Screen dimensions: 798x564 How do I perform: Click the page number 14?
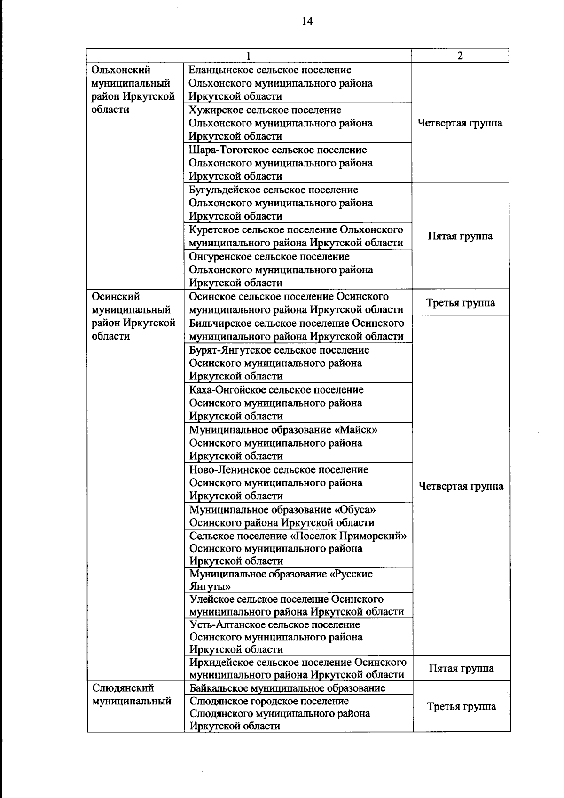click(307, 21)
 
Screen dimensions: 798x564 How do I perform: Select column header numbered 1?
click(249, 55)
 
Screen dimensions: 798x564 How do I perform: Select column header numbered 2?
click(460, 55)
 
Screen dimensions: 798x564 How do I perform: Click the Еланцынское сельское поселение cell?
click(298, 83)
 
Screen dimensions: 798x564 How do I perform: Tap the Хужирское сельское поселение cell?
click(298, 123)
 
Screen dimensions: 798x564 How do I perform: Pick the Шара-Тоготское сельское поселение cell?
click(298, 163)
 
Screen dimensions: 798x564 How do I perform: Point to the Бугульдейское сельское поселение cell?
click(298, 203)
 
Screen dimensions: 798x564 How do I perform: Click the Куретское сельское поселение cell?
click(298, 236)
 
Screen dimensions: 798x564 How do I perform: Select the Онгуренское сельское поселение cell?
click(298, 269)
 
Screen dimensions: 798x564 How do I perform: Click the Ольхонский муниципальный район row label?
click(133, 90)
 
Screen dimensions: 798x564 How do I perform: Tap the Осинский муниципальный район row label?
click(133, 316)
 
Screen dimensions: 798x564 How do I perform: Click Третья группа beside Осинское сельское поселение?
click(460, 303)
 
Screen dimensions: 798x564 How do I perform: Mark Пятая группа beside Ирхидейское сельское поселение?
click(461, 668)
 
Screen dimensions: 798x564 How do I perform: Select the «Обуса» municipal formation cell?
click(298, 516)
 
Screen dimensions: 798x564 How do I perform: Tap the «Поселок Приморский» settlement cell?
click(298, 548)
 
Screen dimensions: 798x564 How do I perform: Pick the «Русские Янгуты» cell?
click(298, 580)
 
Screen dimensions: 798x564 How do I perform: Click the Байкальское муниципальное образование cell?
click(287, 688)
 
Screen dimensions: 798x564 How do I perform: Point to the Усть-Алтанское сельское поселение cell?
click(298, 637)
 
